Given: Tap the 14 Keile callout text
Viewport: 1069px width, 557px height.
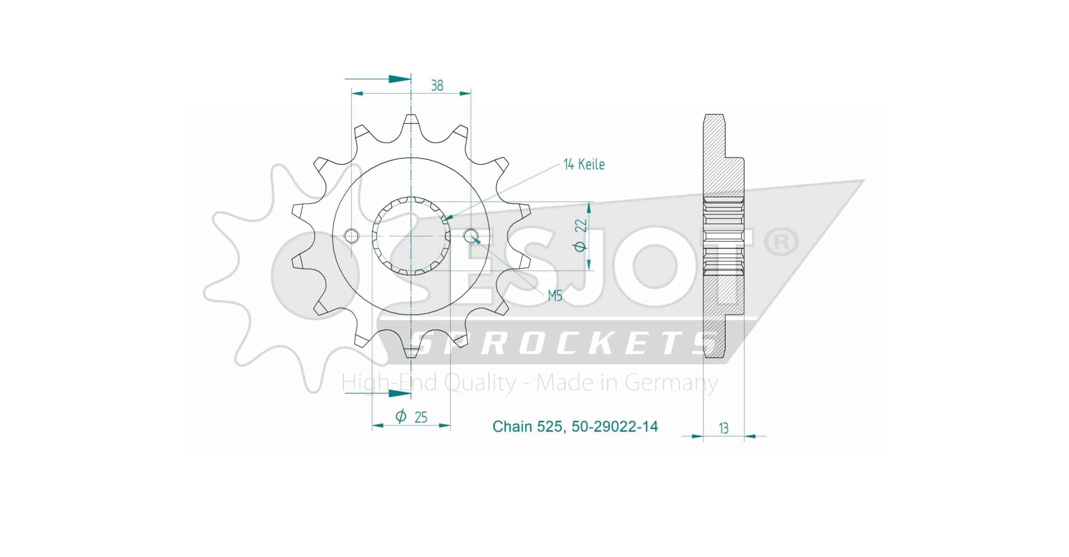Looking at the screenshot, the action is coord(584,165).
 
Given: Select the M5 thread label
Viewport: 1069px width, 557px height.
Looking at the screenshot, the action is coord(555,296).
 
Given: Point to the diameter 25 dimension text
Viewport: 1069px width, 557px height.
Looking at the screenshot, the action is coord(411,416).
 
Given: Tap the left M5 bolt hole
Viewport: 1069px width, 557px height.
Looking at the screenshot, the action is coord(351,236).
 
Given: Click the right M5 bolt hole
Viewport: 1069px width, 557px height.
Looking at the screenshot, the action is coord(471,236).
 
